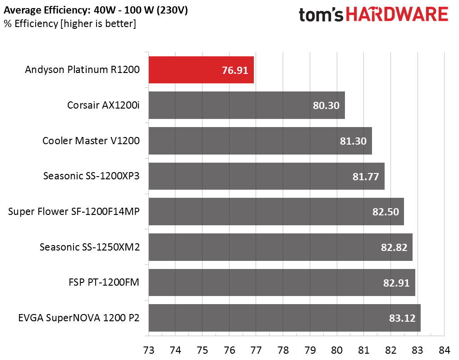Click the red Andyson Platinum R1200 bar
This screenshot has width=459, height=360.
201,70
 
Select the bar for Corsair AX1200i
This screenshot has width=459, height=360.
246,105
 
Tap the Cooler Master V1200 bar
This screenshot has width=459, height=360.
260,141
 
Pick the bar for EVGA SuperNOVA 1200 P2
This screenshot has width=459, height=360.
284,318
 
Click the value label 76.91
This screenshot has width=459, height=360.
235,70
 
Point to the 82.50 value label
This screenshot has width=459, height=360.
386,212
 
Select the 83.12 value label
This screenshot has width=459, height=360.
402,318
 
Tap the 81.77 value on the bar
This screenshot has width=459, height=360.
366,176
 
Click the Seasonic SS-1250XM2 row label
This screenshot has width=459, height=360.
89,247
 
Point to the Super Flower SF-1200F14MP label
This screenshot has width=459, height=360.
73,211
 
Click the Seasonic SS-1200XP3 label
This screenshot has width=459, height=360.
91,176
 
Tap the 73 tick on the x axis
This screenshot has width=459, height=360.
149,350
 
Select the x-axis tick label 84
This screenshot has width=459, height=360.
444,350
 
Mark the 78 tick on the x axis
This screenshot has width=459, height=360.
283,350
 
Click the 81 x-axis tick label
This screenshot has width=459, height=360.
363,350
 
